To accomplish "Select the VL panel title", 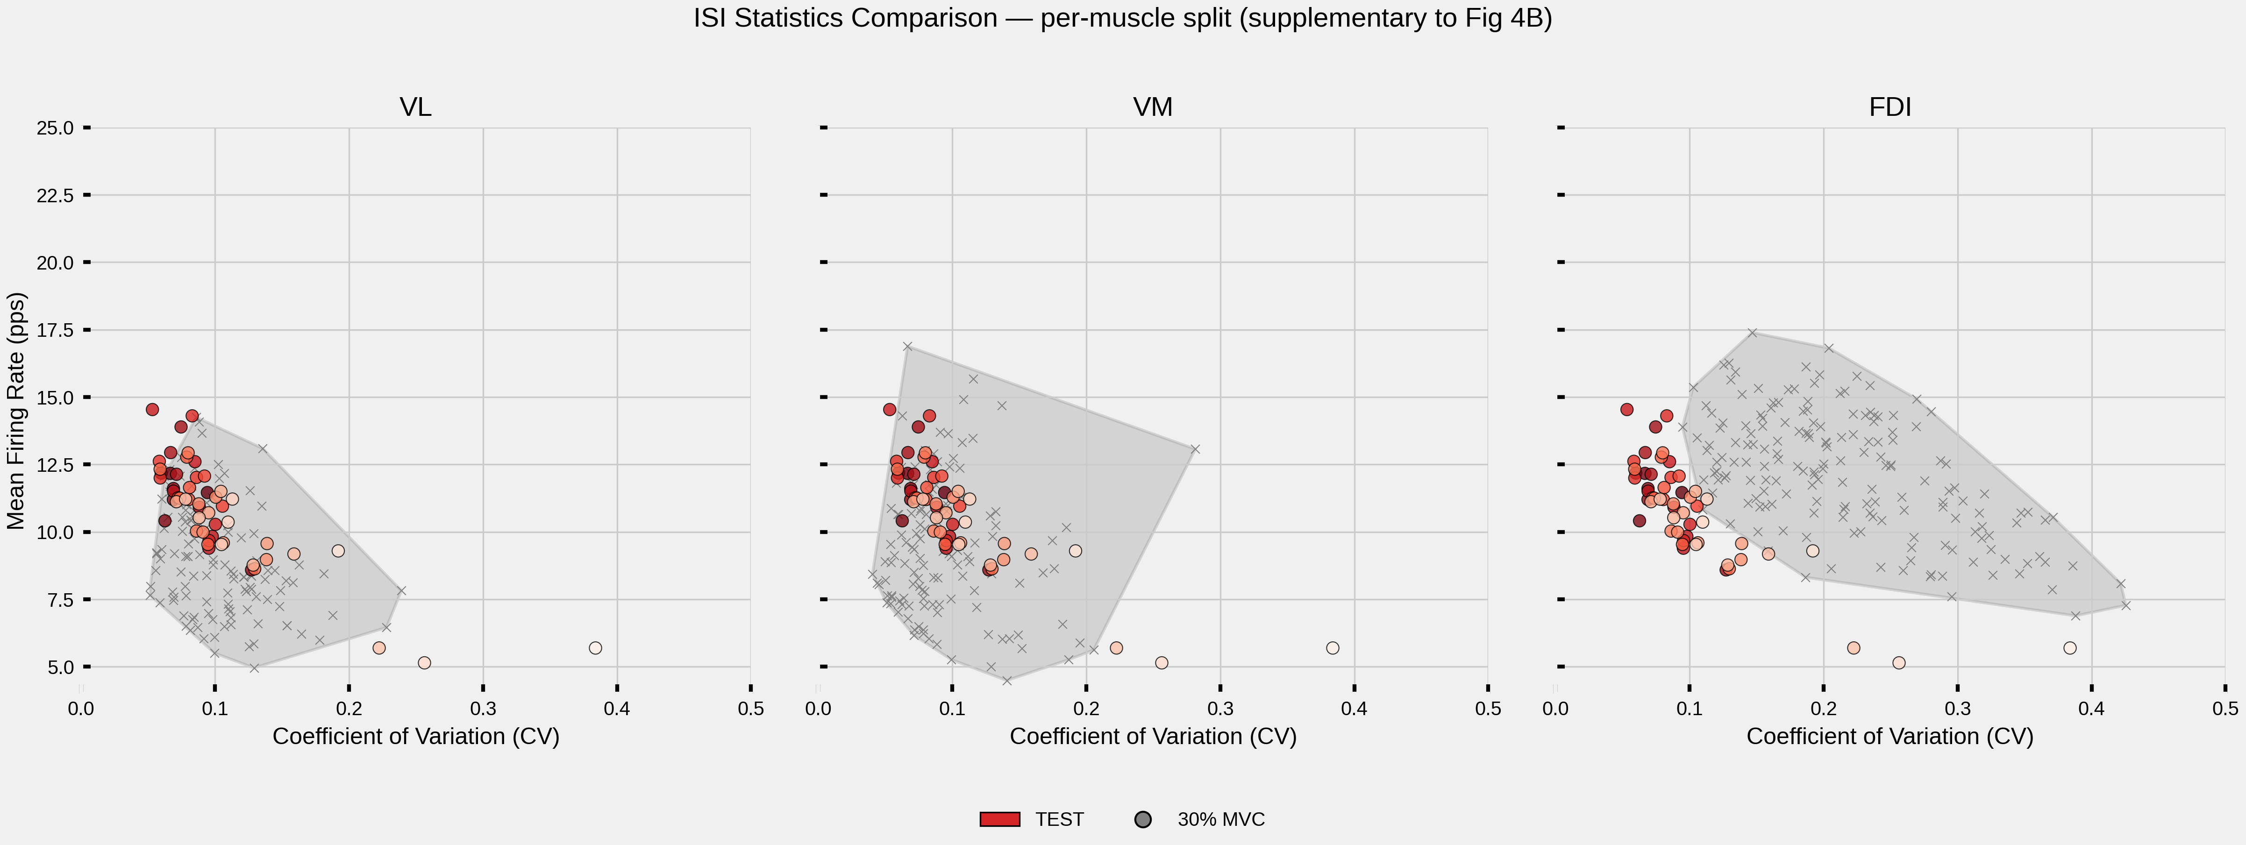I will pos(415,107).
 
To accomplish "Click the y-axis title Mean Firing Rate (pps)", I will pos(16,410).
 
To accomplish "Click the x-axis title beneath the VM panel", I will pos(1153,737).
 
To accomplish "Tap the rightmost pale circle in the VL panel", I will pos(596,648).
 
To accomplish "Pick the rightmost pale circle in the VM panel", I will pos(1332,648).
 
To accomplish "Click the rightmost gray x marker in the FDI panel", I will pos(2125,605).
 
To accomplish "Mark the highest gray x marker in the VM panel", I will pos(908,347).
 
